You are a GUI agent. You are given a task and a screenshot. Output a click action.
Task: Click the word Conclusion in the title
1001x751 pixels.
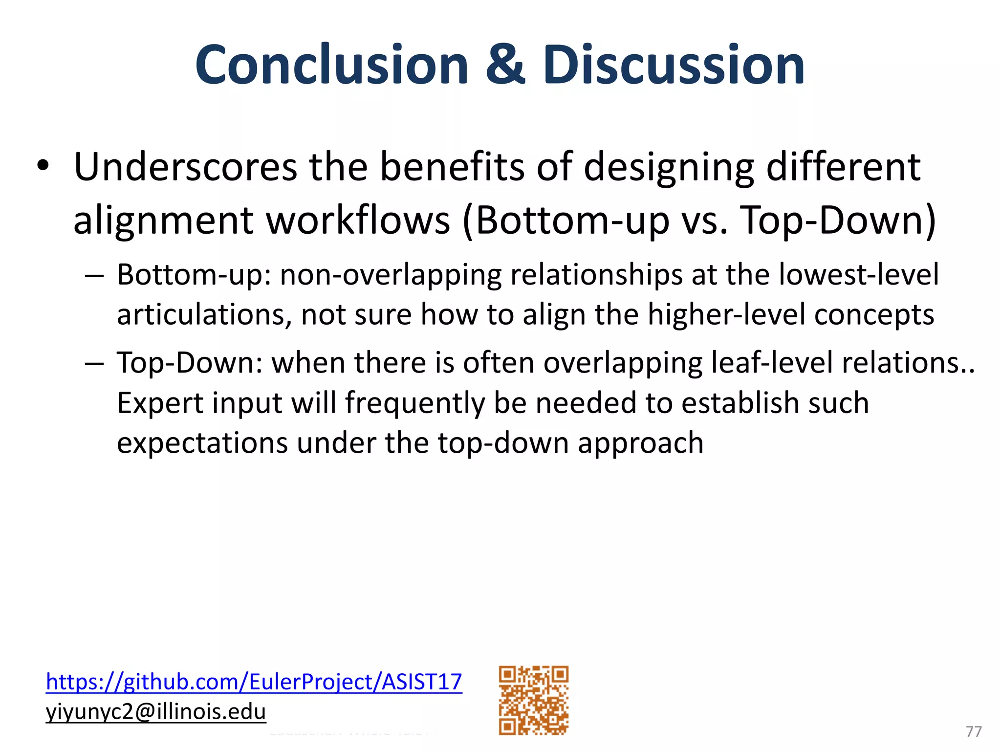tap(332, 65)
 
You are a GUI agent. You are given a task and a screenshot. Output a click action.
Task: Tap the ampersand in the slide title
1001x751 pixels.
tap(505, 65)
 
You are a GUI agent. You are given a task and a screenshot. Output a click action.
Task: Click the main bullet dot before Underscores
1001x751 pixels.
tap(43, 166)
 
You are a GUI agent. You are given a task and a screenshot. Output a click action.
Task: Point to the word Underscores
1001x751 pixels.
tap(185, 167)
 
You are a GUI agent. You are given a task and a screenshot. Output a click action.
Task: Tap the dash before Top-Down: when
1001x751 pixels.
tap(94, 364)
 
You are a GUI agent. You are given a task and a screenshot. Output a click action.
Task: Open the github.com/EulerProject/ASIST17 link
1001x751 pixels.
tap(254, 682)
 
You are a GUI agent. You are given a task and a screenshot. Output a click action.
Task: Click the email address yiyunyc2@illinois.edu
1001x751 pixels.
tap(155, 711)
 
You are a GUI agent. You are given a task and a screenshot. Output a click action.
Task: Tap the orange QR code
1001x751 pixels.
tap(533, 700)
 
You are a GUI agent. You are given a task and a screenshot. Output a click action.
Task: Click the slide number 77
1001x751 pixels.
tap(974, 731)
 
